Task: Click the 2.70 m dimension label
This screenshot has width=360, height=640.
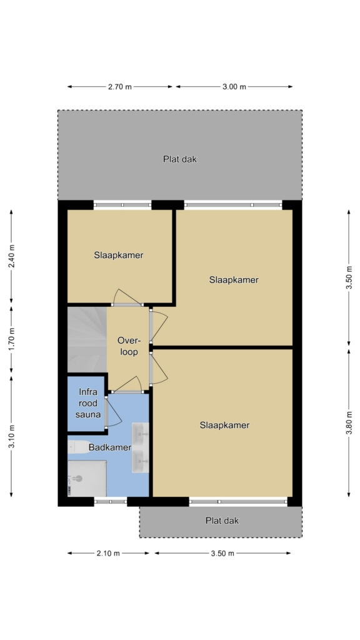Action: click(120, 86)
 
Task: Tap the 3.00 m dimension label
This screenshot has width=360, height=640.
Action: click(234, 86)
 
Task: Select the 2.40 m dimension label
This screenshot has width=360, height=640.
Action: click(11, 256)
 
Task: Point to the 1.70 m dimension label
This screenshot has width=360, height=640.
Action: click(11, 339)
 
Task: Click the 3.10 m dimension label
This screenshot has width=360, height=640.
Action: click(11, 436)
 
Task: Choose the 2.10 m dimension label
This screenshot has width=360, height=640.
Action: click(108, 553)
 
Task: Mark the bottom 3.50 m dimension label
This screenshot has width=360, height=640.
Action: click(222, 553)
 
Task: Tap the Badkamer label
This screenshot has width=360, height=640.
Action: click(110, 447)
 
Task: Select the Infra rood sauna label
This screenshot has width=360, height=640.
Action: click(88, 404)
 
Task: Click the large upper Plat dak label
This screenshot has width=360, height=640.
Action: click(180, 159)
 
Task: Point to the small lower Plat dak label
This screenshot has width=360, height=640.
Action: click(222, 521)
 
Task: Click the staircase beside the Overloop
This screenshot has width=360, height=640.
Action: click(87, 340)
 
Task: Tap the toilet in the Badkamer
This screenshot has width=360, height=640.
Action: click(79, 447)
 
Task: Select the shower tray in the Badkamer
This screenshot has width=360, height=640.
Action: click(87, 478)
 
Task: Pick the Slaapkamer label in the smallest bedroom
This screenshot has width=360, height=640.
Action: click(118, 256)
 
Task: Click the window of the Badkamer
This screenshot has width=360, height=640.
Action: click(110, 501)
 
